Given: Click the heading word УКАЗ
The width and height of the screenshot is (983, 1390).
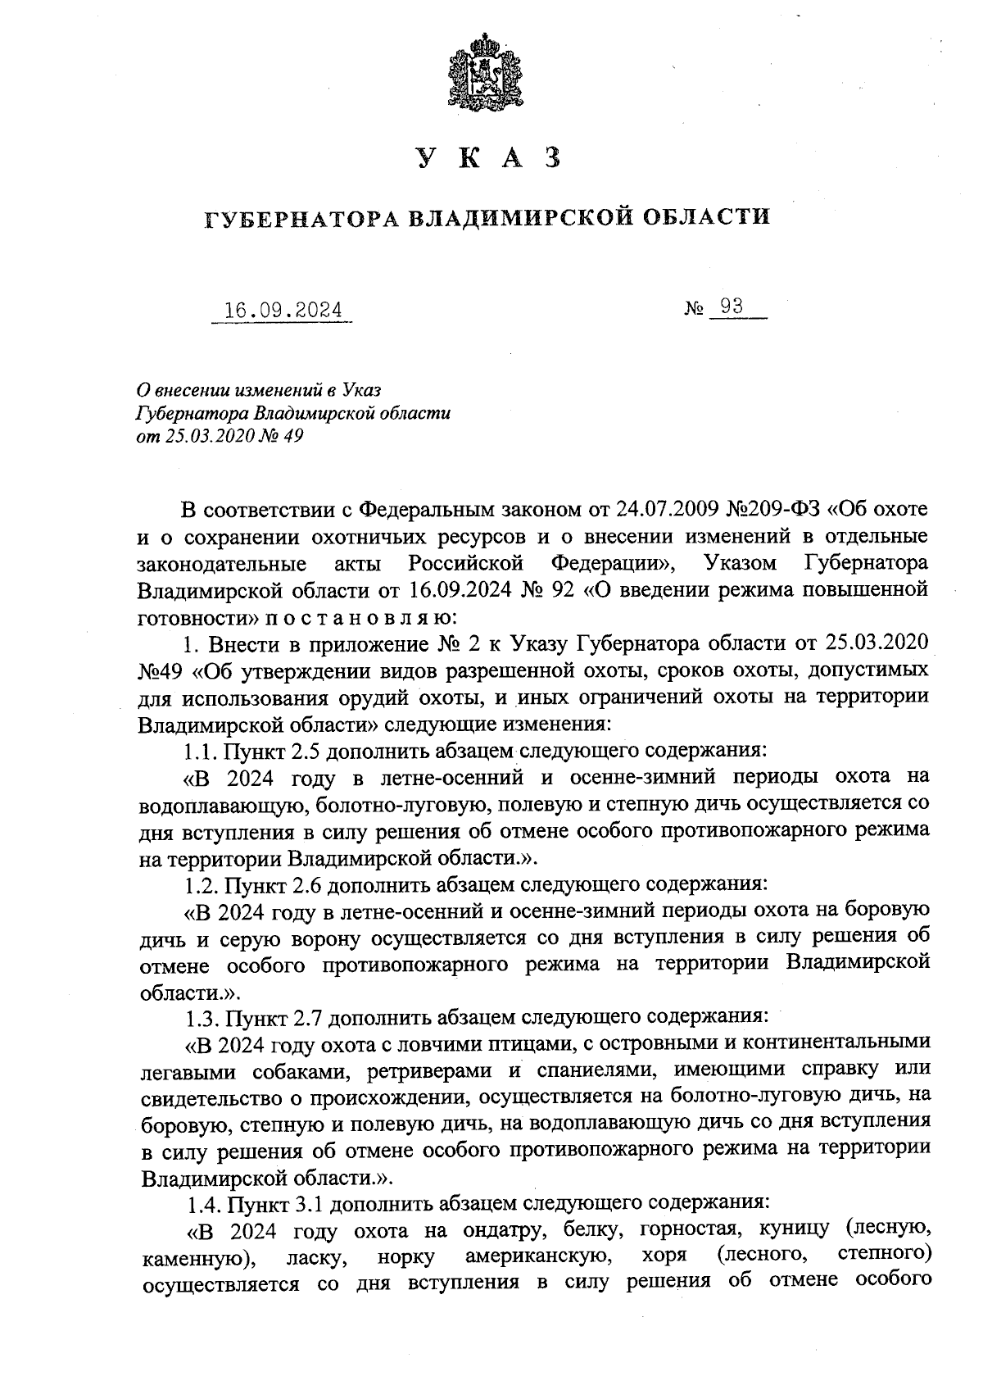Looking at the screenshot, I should (x=489, y=159).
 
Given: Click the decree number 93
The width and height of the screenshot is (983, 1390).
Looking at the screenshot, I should (x=732, y=307).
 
